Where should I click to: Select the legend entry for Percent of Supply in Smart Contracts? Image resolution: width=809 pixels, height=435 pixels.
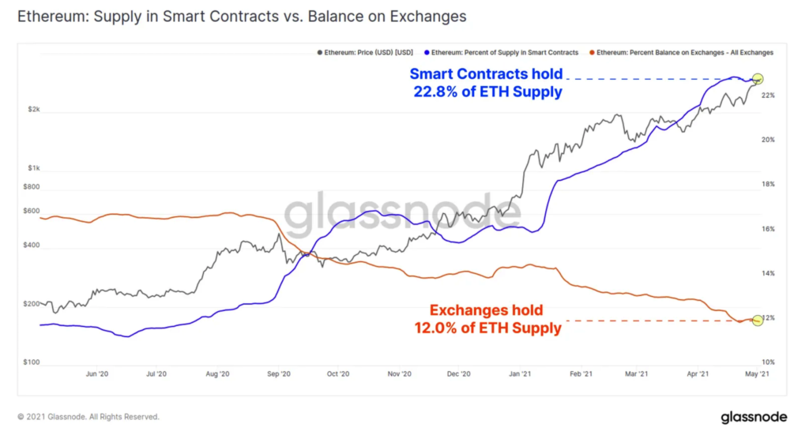[x=502, y=52]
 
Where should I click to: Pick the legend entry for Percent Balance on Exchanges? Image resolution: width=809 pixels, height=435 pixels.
[x=682, y=52]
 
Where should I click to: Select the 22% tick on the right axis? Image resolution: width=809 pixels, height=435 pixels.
[x=767, y=95]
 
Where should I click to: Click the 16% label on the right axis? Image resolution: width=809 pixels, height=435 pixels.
[x=767, y=229]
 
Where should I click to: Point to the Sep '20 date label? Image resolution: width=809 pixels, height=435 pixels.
[x=279, y=374]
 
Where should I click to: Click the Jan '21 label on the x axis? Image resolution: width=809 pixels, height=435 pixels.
[x=519, y=374]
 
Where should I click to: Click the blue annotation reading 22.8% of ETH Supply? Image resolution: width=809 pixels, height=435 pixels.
[x=487, y=83]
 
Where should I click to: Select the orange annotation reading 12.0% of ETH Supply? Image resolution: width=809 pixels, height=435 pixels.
[x=487, y=319]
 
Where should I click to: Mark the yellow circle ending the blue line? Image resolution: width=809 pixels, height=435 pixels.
[x=758, y=79]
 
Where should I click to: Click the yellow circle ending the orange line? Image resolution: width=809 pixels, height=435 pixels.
[x=758, y=320]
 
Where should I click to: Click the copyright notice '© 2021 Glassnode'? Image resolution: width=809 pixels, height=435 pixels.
[x=88, y=416]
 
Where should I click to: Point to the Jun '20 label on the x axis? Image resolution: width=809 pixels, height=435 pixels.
[x=96, y=374]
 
